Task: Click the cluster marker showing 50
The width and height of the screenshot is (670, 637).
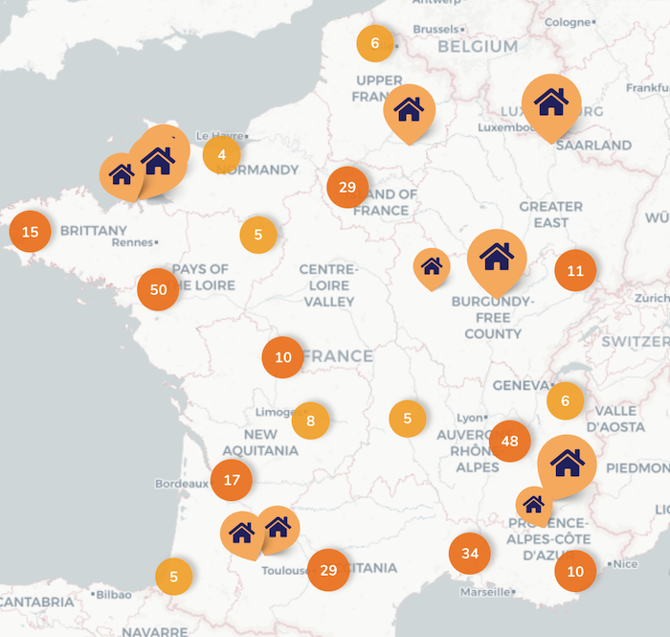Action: [x=159, y=289]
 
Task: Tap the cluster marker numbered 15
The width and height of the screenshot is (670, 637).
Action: [x=30, y=232]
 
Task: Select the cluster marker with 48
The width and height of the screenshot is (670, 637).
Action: [x=509, y=442]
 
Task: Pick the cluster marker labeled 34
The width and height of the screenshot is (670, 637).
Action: [x=469, y=554]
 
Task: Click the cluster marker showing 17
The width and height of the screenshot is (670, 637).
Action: [x=232, y=480]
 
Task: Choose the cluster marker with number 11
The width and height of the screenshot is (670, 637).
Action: [x=575, y=270]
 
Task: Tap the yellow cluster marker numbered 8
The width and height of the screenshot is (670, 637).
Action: [x=310, y=421]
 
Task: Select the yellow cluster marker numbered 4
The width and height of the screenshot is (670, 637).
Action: [x=222, y=154]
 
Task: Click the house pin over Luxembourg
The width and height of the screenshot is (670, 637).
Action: [x=550, y=102]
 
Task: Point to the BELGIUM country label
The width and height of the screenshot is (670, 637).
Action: [x=478, y=46]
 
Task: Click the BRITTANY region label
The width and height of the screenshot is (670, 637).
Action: [x=93, y=231]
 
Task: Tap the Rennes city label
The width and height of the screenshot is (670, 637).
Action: [x=133, y=242]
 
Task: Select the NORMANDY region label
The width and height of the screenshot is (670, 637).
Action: [x=259, y=170]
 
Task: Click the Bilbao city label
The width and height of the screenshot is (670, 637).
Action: [x=113, y=594]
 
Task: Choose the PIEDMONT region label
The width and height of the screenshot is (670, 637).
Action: [x=638, y=467]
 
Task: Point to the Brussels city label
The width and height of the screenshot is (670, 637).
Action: [x=435, y=30]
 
